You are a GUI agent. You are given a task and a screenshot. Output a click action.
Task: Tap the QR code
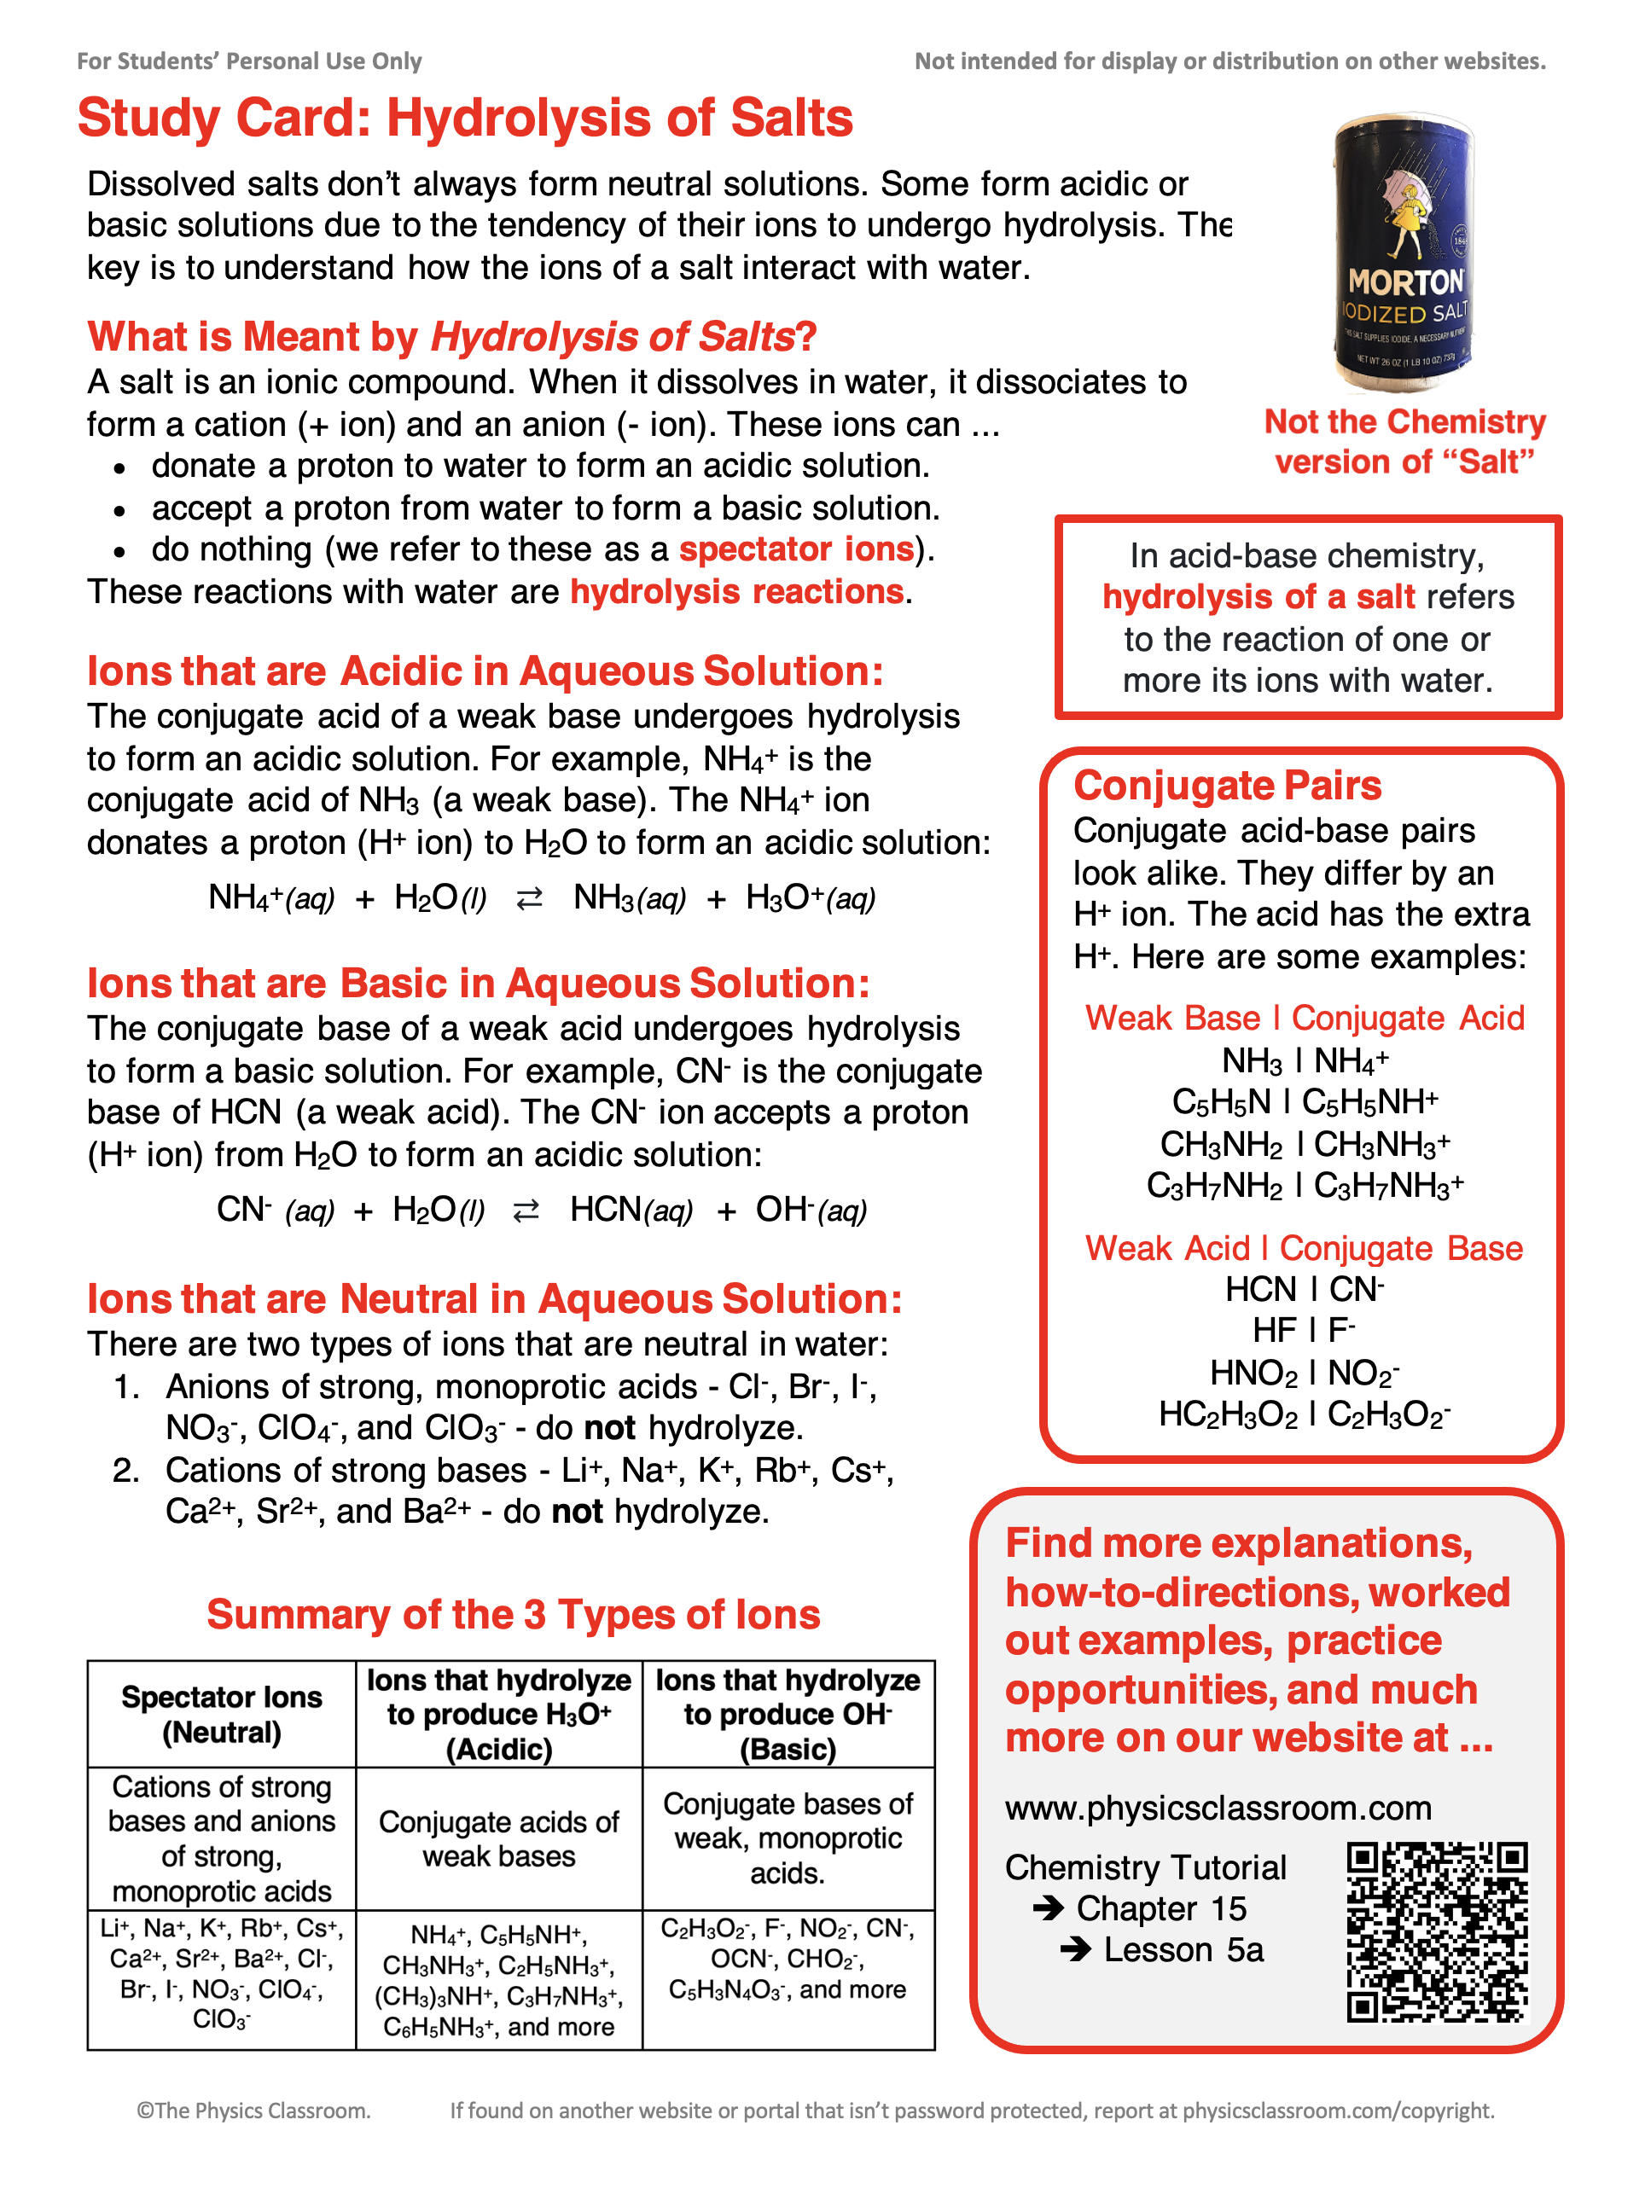[x=1436, y=1931]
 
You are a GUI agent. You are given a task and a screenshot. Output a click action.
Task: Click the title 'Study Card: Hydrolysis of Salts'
[x=465, y=119]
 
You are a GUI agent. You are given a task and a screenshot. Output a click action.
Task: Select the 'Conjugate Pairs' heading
[x=1227, y=786]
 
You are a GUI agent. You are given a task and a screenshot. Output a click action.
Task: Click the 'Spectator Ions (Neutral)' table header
[x=222, y=1715]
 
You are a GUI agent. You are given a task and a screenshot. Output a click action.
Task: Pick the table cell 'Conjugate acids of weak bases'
[x=499, y=1838]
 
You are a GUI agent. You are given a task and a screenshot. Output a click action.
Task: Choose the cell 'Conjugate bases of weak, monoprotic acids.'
[x=788, y=1838]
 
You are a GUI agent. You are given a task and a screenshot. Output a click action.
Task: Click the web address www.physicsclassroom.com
[x=1218, y=1808]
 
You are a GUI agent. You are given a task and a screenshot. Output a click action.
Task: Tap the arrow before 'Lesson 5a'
[x=1076, y=1949]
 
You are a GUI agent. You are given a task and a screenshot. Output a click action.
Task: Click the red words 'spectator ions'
[x=797, y=549]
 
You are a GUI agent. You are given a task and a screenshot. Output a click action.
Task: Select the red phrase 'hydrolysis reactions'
[x=737, y=592]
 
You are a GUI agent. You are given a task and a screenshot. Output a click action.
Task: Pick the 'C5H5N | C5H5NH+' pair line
[x=1305, y=1101]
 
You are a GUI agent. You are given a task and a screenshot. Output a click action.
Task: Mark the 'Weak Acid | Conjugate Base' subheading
[x=1304, y=1249]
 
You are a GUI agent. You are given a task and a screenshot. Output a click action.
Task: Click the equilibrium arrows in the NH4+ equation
[x=530, y=898]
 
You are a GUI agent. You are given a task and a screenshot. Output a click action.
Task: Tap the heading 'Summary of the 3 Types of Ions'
[x=513, y=1615]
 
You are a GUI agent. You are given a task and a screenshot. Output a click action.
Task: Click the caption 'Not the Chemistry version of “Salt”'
[x=1404, y=441]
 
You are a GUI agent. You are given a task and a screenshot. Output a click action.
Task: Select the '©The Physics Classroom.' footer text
[x=253, y=2111]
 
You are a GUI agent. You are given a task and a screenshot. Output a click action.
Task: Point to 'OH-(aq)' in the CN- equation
[x=811, y=1211]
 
